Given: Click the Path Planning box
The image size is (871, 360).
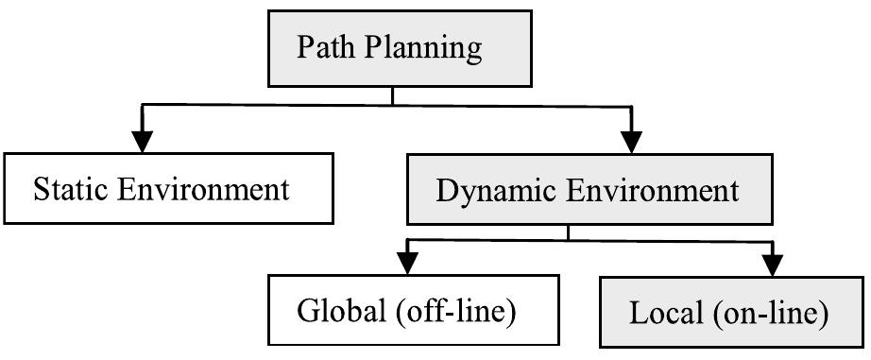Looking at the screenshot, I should [390, 47].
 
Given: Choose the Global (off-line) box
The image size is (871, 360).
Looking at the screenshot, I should [406, 310].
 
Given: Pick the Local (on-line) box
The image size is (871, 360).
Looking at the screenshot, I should [728, 313].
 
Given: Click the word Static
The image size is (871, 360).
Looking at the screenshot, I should [74, 190].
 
